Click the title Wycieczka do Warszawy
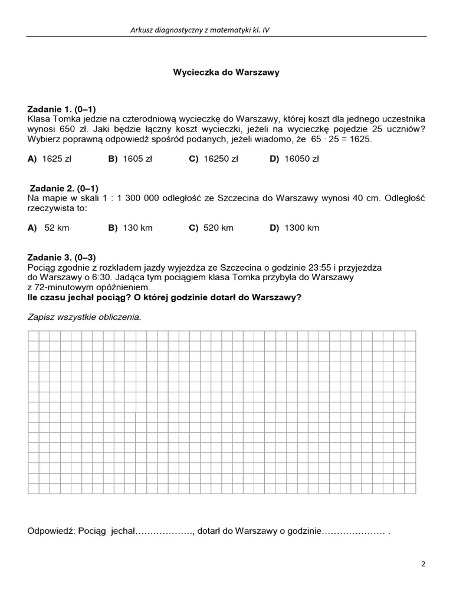coord(226,73)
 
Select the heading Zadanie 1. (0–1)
coord(61,109)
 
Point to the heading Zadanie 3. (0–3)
coord(61,257)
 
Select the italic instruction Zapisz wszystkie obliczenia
coord(84,317)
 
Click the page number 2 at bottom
coord(423,563)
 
